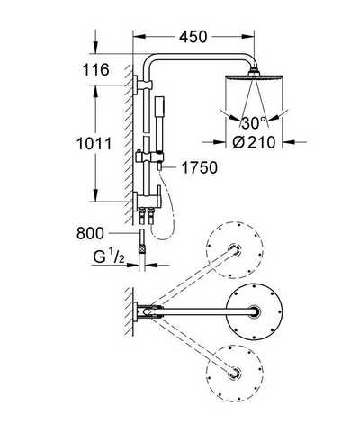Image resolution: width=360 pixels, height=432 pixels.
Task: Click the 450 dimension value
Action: tap(193, 37)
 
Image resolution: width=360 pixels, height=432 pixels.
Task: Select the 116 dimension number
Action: tap(95, 70)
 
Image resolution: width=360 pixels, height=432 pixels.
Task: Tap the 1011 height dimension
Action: tap(94, 143)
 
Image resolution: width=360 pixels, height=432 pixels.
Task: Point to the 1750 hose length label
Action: tap(200, 167)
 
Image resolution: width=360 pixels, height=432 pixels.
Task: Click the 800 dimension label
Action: tap(90, 233)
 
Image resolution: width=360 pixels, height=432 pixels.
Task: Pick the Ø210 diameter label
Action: tap(254, 142)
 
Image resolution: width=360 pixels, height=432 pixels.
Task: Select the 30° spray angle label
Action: tap(254, 123)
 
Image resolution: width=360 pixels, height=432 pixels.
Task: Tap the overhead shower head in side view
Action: tap(255, 76)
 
